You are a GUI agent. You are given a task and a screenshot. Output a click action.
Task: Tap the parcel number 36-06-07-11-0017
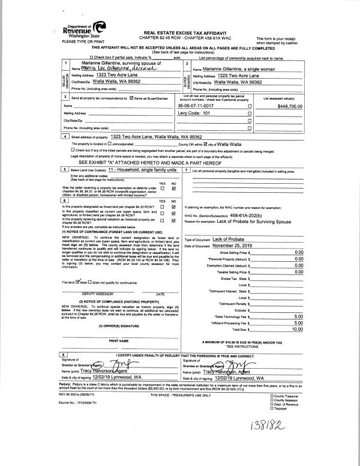tap(199, 105)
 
